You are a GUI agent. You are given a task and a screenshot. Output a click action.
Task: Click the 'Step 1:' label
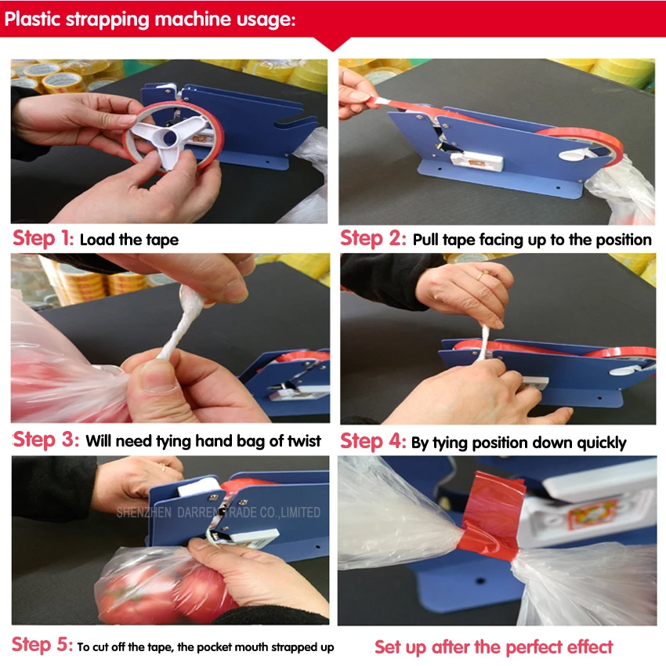tap(43, 238)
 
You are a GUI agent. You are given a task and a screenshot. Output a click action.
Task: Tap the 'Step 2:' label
tap(373, 238)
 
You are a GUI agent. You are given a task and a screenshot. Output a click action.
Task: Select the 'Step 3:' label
tap(46, 440)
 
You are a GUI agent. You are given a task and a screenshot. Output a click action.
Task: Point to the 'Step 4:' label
tap(373, 441)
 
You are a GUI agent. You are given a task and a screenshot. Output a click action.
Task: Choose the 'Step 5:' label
tap(42, 644)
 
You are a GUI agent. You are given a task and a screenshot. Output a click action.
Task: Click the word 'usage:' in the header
tap(266, 20)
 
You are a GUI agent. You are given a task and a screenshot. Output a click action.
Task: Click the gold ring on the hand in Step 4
tap(480, 276)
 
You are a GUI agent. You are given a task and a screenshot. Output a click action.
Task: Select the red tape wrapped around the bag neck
tap(493, 514)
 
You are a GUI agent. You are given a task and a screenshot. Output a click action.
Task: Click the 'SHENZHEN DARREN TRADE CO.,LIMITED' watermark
tap(219, 512)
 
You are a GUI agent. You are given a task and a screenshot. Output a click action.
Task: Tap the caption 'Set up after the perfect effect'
tap(494, 647)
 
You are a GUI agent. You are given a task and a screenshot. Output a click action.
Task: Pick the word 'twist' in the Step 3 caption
tap(304, 440)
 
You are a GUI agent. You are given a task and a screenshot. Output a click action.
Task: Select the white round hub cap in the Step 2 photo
tap(572, 154)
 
